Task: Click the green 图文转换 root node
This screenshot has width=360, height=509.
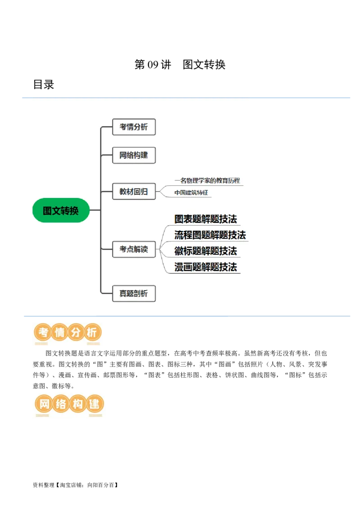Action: click(61, 210)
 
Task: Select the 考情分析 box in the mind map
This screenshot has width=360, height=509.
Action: click(134, 127)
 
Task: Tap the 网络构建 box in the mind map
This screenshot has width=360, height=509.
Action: click(134, 155)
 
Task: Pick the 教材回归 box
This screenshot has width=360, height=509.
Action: click(134, 192)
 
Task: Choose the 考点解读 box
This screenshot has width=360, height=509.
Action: click(134, 249)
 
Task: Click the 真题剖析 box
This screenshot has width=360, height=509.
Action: click(134, 294)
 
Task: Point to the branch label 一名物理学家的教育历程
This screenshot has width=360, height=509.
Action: click(207, 180)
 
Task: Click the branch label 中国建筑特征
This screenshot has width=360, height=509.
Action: click(191, 192)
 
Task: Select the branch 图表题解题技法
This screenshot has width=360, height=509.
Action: click(206, 219)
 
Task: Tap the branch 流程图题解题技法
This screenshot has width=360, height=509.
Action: click(210, 235)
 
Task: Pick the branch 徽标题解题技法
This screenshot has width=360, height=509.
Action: click(206, 251)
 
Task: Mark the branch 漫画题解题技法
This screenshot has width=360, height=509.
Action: click(206, 267)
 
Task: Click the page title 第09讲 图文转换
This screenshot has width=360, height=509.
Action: click(180, 64)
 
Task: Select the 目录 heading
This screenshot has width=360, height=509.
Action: click(44, 85)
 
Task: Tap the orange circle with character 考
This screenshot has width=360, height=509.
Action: click(43, 332)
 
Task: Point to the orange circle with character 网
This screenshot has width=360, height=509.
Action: click(44, 404)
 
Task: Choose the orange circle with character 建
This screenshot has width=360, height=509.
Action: click(94, 404)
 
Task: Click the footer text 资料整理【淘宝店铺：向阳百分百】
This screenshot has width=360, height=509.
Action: click(76, 485)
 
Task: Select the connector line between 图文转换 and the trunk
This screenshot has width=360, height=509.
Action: click(95, 210)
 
